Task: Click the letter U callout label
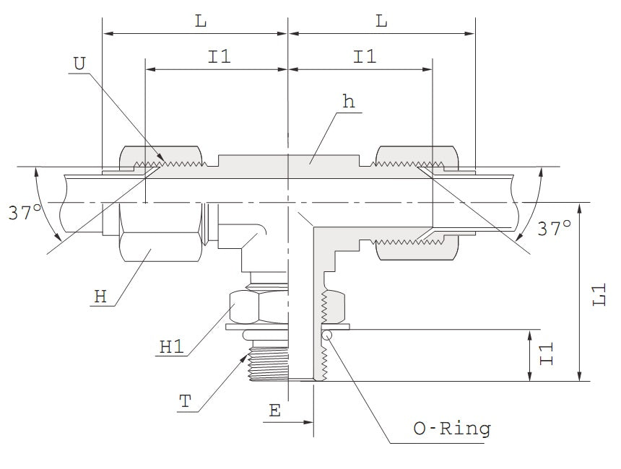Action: [79, 63]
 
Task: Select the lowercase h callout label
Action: [349, 102]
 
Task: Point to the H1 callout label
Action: [172, 346]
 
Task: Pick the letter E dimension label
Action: [274, 411]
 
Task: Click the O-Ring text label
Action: [451, 429]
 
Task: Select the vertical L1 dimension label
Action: [599, 294]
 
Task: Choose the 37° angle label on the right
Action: [555, 228]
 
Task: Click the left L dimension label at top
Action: [201, 22]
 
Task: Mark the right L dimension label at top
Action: [381, 22]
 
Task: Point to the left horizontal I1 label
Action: [220, 57]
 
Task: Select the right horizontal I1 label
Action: [365, 57]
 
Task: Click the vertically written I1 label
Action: [548, 354]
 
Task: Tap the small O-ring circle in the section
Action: [326, 333]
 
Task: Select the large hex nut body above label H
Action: [159, 245]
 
